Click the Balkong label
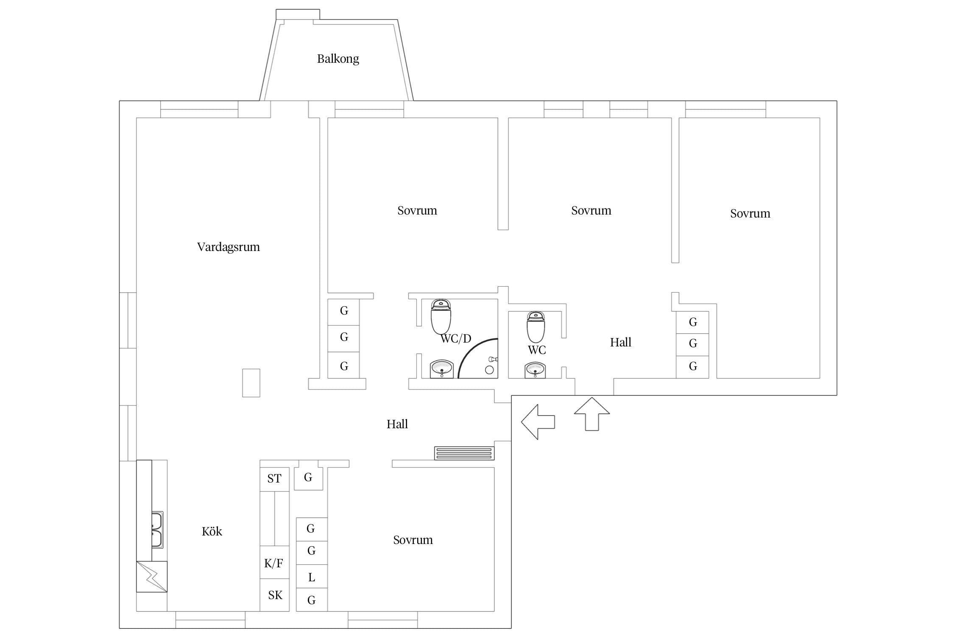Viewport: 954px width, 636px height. (x=338, y=59)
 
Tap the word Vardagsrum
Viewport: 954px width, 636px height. (x=229, y=247)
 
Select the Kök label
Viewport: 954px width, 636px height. (x=212, y=531)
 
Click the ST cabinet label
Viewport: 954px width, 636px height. (x=274, y=479)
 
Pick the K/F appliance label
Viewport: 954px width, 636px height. (x=274, y=563)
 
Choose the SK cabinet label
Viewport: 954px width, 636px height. (x=275, y=595)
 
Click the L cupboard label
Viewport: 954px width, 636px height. (x=312, y=577)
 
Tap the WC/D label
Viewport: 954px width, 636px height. (x=456, y=338)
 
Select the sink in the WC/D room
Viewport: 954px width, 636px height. (x=442, y=368)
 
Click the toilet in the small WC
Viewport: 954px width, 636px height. (x=536, y=327)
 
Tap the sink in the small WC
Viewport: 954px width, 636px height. (x=535, y=370)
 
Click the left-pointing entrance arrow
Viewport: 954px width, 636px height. (x=538, y=422)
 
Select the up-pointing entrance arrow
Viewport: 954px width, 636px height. (x=592, y=414)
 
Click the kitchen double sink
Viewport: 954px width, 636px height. (x=157, y=530)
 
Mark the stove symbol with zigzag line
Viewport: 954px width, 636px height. (x=152, y=577)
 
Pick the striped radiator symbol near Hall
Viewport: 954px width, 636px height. (x=464, y=453)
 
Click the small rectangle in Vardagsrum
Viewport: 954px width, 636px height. (x=251, y=383)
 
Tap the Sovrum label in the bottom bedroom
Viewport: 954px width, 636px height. (x=413, y=540)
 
